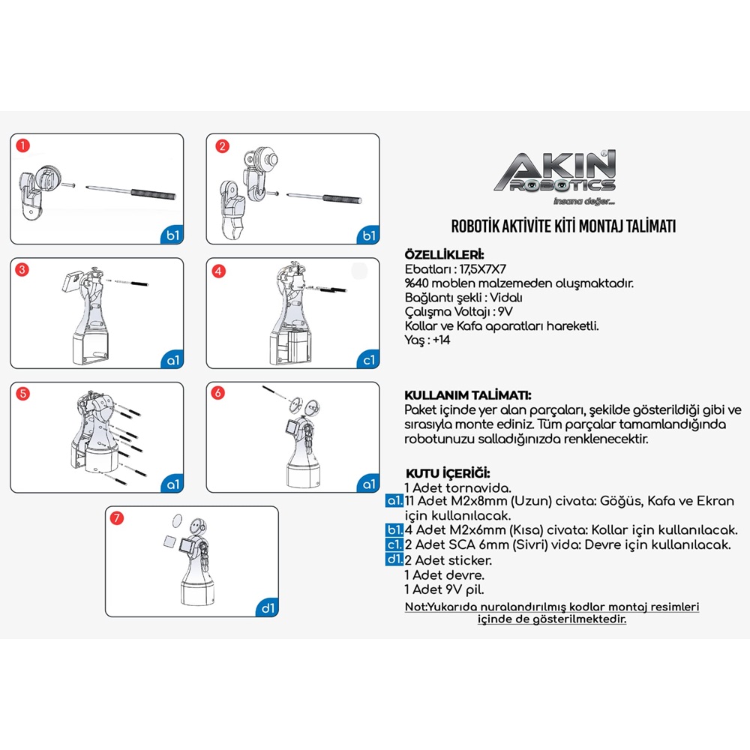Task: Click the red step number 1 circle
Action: coord(23,145)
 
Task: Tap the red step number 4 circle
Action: coord(218,271)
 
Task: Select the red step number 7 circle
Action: coord(117,518)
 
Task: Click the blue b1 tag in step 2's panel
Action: coord(367,235)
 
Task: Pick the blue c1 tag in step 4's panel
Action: coord(367,359)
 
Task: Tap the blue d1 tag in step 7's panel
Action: coord(267,607)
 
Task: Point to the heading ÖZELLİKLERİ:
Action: coord(444,254)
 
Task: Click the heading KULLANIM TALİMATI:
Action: coord(468,395)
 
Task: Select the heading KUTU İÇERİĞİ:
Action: coord(448,473)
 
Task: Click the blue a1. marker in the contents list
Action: coord(394,501)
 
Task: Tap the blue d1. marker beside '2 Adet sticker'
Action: coord(394,559)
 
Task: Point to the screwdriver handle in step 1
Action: coord(154,194)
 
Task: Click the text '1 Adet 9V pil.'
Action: coord(444,589)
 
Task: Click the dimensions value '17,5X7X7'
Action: coord(482,268)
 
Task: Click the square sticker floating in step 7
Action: coord(171,541)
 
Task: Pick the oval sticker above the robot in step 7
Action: coord(177,521)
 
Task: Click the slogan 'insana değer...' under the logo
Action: coord(583,201)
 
